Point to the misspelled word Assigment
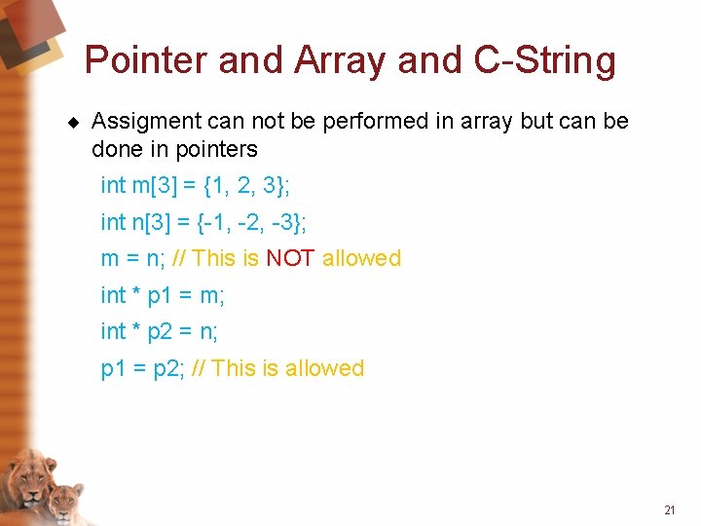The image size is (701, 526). (145, 122)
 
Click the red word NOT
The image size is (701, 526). (290, 258)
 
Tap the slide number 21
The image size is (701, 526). (669, 509)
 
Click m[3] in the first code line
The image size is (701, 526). (149, 185)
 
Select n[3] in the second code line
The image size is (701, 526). (148, 222)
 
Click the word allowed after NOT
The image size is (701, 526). (361, 258)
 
